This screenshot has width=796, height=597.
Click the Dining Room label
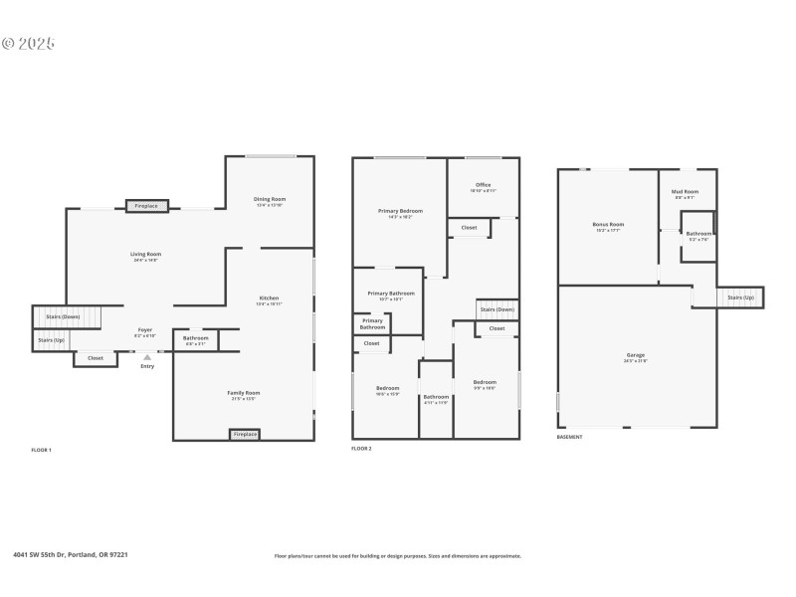[x=270, y=199]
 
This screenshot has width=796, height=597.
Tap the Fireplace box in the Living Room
[x=146, y=206]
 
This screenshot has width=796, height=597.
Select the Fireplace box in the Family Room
[x=244, y=434]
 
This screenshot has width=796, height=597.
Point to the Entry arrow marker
[x=147, y=356]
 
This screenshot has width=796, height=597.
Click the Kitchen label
[x=270, y=298]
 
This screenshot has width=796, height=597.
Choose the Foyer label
[x=145, y=329]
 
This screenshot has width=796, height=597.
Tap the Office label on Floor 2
[x=483, y=185]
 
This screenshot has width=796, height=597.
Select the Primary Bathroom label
[x=391, y=294]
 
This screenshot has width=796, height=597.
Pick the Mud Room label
[x=685, y=191]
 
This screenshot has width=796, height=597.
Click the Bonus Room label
[x=607, y=225]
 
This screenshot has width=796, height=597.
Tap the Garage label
[x=635, y=355]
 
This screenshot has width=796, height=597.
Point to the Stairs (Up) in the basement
[x=740, y=297]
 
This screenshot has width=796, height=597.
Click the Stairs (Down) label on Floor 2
[x=497, y=309]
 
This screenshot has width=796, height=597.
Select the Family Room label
[x=243, y=393]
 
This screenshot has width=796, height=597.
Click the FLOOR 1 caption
[x=41, y=451]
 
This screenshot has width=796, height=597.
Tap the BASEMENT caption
[x=569, y=437]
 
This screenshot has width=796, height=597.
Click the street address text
[x=71, y=555]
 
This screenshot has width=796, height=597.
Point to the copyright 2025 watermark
[x=28, y=43]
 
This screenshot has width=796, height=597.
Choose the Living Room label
[x=145, y=255]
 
